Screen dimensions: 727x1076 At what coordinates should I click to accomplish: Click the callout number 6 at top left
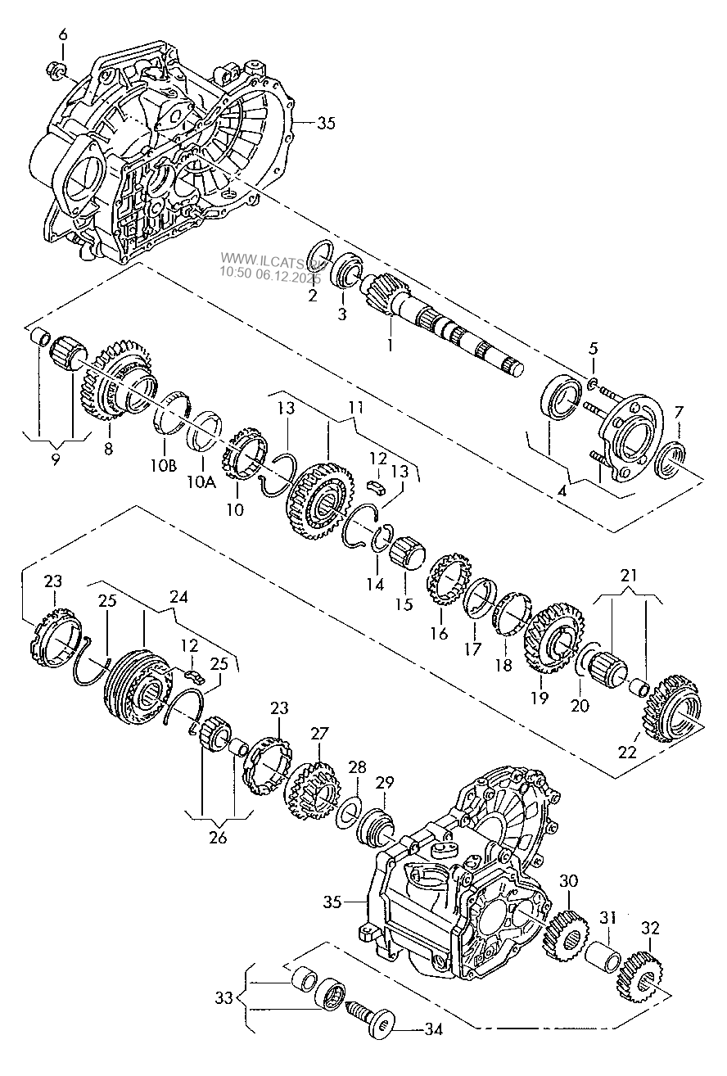[63, 35]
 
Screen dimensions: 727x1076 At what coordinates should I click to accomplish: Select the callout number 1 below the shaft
[390, 345]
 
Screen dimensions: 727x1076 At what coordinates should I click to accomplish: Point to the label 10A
[201, 481]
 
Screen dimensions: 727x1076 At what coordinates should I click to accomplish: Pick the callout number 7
[679, 412]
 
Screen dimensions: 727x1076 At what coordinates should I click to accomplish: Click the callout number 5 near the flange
[594, 348]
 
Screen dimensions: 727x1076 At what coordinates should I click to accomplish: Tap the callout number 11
[355, 408]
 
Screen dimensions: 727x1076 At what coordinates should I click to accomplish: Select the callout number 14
[375, 584]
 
